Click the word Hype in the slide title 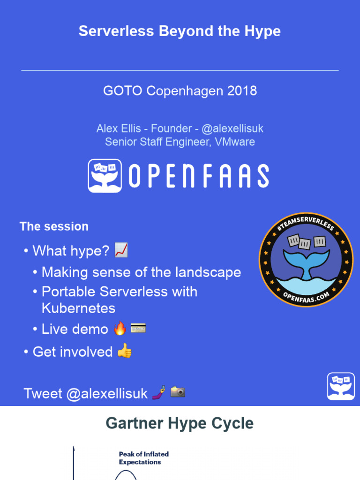click(262, 31)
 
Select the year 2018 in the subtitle click(241, 90)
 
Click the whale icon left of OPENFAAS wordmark click(105, 175)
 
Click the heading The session click(54, 226)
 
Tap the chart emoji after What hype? click(121, 251)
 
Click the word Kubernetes click(78, 308)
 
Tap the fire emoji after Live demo click(120, 329)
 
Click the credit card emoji click(138, 328)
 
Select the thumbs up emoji click(124, 351)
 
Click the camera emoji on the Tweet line click(178, 392)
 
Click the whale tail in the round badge click(306, 262)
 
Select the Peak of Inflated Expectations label click(143, 458)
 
